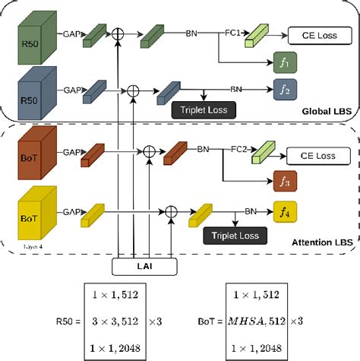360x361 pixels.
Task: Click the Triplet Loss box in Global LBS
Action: (x=203, y=111)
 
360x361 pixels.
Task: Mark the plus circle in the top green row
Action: (x=119, y=34)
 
